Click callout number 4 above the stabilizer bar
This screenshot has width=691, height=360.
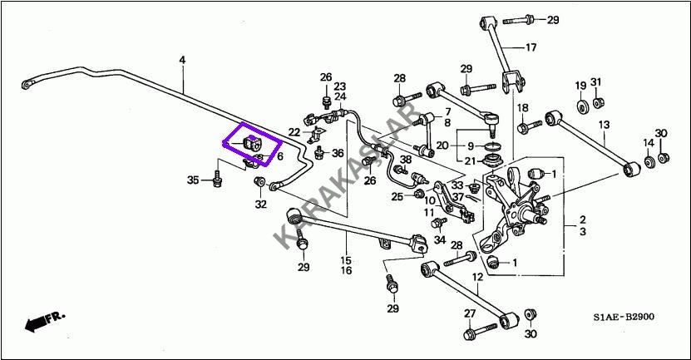click(x=182, y=59)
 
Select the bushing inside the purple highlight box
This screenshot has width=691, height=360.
click(x=251, y=143)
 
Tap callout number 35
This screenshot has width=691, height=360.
click(x=193, y=180)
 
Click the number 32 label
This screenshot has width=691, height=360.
click(x=260, y=204)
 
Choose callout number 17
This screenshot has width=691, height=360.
click(x=531, y=47)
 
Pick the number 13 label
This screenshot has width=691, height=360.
click(x=605, y=124)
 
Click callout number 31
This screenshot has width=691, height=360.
click(x=596, y=81)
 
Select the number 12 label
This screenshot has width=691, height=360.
click(x=477, y=277)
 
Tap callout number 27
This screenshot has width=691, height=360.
click(x=469, y=313)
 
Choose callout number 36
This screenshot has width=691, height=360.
click(x=337, y=153)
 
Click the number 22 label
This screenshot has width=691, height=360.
click(x=295, y=131)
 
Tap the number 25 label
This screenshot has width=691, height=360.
click(x=397, y=195)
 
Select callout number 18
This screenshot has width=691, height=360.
click(x=522, y=109)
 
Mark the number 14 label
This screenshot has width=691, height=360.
click(x=649, y=144)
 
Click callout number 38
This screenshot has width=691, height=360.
click(x=405, y=159)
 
